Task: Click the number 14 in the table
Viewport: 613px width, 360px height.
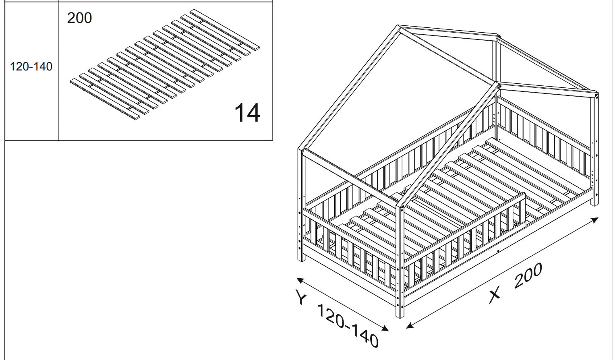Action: click(x=247, y=113)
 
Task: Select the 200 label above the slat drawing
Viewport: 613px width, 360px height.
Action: click(x=79, y=18)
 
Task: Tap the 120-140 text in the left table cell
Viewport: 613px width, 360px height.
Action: click(x=31, y=66)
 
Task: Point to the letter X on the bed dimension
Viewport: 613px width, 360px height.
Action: click(x=495, y=295)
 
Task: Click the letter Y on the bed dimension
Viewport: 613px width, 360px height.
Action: click(x=301, y=297)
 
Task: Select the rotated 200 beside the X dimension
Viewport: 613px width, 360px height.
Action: click(x=528, y=276)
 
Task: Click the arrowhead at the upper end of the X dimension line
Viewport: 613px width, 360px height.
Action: click(x=594, y=220)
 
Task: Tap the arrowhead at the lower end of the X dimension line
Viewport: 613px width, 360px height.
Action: click(x=410, y=325)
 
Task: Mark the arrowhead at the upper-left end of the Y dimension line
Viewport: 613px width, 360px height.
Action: click(x=300, y=280)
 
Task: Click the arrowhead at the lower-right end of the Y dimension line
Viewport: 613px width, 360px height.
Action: click(x=385, y=328)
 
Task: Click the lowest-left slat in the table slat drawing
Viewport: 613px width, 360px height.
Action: click(x=105, y=99)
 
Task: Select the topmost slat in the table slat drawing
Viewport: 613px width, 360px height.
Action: click(x=225, y=30)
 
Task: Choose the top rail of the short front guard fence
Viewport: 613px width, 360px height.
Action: click(x=464, y=229)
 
